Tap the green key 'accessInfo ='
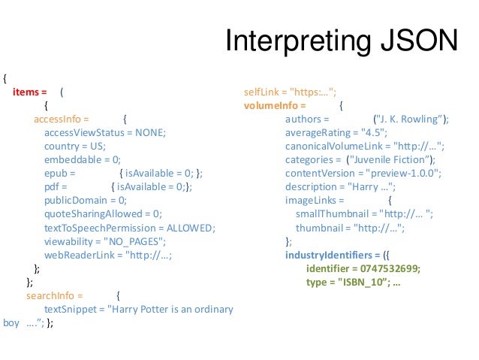pyautogui.click(x=62, y=119)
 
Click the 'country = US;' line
pyautogui.click(x=75, y=146)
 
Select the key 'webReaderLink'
pyautogui.click(x=78, y=255)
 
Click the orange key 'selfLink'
pyautogui.click(x=263, y=92)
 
